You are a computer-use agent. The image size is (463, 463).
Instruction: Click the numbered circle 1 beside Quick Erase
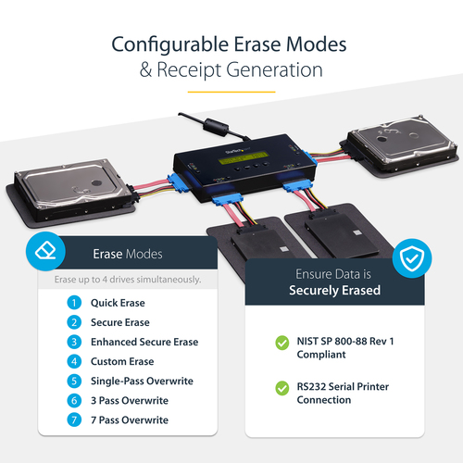[74, 303]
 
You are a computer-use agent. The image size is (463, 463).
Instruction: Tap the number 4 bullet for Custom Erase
[74, 361]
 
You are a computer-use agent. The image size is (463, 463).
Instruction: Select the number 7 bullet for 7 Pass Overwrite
[74, 419]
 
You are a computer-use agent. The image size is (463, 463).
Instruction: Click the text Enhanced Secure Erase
[144, 342]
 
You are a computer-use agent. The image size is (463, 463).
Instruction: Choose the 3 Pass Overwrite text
[129, 400]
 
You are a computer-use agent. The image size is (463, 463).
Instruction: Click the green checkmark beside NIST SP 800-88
[282, 343]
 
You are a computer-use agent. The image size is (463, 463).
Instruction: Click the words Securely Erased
[334, 290]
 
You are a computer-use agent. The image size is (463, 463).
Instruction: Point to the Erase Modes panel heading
[128, 254]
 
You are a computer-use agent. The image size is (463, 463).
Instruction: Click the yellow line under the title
[231, 92]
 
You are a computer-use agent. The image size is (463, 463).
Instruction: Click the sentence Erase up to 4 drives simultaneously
[128, 279]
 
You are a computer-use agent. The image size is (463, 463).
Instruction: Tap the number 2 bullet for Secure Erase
[74, 322]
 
